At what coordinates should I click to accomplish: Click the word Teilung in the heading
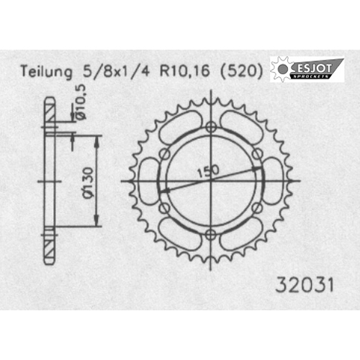click(46, 72)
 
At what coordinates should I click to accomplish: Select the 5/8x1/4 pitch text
click(116, 71)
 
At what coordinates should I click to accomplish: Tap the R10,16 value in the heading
click(185, 71)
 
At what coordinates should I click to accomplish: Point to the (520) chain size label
click(241, 71)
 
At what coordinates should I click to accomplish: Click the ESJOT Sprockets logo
click(307, 70)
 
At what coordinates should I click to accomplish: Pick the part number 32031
click(305, 285)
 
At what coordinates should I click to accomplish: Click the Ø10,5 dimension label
click(81, 102)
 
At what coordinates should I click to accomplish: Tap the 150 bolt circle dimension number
click(208, 171)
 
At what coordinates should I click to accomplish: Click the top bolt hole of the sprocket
click(211, 127)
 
